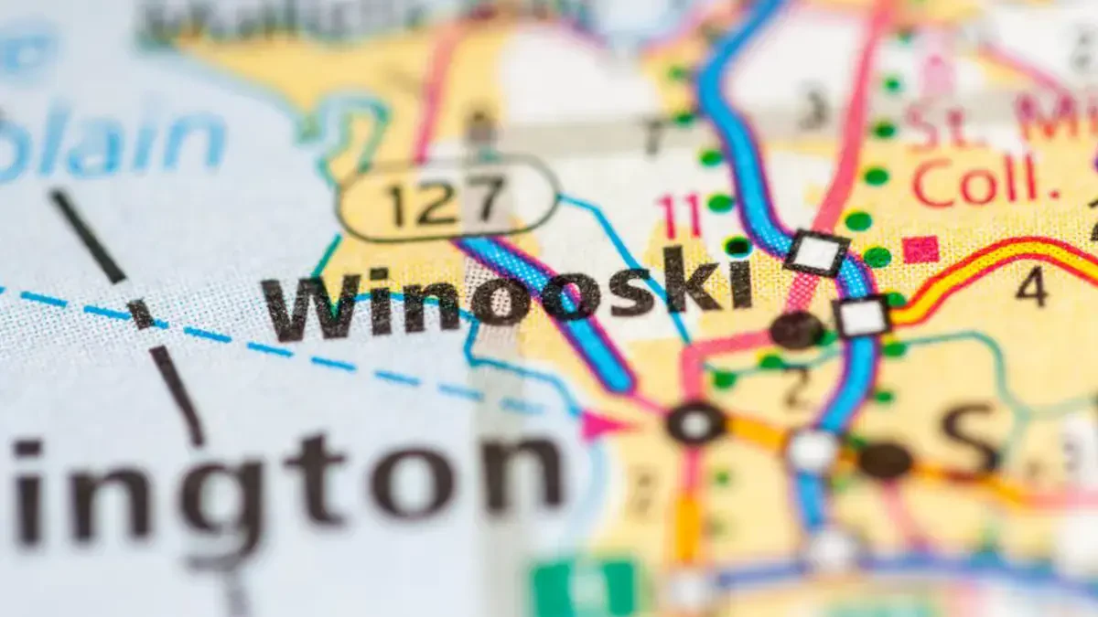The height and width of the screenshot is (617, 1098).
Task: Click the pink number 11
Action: [x=682, y=216]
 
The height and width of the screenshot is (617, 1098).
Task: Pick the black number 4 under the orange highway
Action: [x=1031, y=287]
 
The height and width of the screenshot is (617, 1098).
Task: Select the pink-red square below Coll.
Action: [x=920, y=250]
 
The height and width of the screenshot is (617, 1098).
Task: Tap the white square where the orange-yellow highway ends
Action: [x=863, y=316]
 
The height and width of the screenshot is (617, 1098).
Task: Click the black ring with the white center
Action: [x=696, y=423]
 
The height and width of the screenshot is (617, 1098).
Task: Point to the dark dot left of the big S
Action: [x=885, y=460]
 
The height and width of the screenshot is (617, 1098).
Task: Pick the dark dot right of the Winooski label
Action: [x=795, y=330]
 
